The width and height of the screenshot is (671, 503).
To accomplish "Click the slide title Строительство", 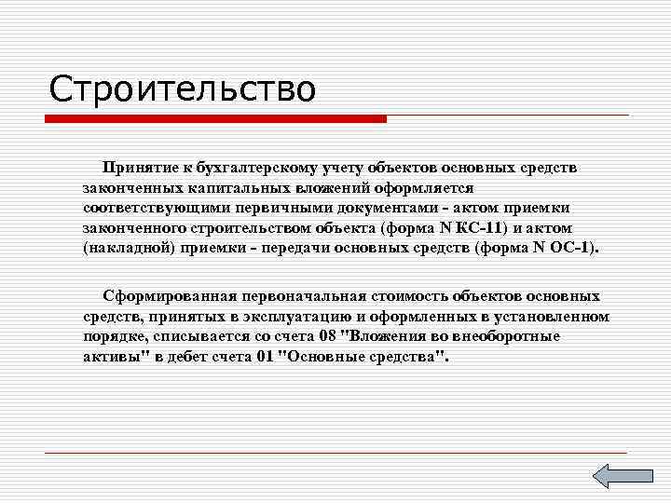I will tap(183, 89).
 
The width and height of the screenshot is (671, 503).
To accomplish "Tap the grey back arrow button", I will tap(615, 477).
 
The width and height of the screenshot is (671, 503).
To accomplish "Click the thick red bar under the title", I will tap(216, 119).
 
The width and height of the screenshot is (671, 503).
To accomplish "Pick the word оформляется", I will tap(430, 186).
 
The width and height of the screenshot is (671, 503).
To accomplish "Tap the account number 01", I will tap(266, 356).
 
